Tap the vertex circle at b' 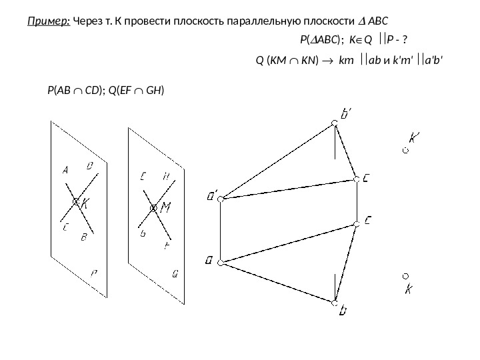point(335,123)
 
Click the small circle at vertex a point(223,262)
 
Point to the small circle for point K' point(406,151)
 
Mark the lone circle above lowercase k point(405,275)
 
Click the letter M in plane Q point(166,207)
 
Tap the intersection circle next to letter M point(154,209)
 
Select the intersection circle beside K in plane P point(76,201)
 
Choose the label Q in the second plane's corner point(175,272)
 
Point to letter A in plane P point(65,171)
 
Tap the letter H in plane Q point(166,177)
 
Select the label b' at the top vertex point(347,115)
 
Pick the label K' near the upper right point(415,139)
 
